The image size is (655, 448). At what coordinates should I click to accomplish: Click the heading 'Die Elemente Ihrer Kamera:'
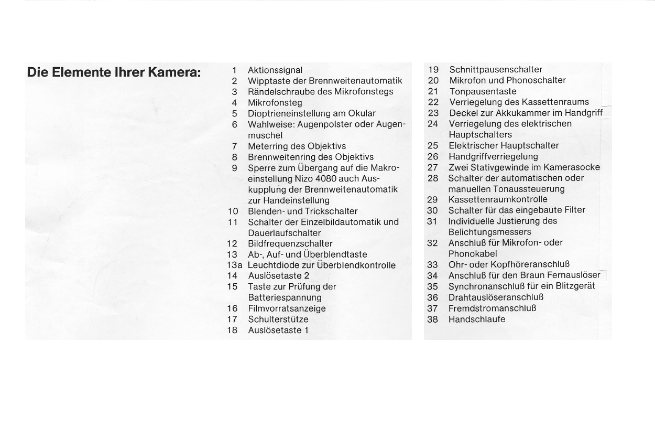tap(114, 72)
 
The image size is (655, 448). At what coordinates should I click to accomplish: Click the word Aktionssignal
tap(275, 70)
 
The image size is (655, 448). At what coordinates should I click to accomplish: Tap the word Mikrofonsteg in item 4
tap(275, 103)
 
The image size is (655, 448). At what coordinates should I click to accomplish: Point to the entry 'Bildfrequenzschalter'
tap(290, 243)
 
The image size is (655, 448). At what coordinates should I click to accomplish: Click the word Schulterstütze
tap(278, 319)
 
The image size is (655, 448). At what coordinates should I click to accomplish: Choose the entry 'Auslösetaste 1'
tap(278, 330)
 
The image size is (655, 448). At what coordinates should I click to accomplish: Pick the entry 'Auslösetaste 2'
tap(279, 275)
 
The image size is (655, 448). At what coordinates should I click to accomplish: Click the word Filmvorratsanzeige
tap(287, 308)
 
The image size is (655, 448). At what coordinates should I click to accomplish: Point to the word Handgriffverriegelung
tap(493, 156)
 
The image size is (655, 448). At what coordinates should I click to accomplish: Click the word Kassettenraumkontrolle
tap(498, 199)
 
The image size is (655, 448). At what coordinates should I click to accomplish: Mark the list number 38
tap(432, 319)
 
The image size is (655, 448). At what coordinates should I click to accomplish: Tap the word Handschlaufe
tap(477, 319)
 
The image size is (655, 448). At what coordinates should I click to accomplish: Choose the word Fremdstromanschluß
tap(492, 308)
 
